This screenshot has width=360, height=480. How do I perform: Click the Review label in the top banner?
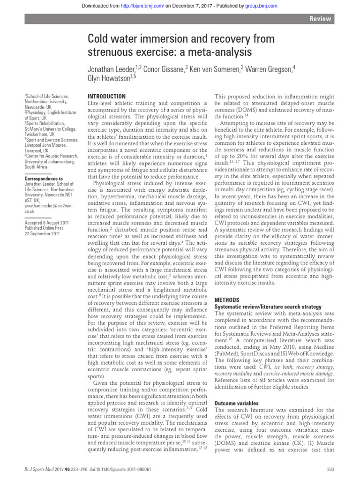point(321,19)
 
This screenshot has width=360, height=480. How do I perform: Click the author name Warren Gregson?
point(270,68)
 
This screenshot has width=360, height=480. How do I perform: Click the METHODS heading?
point(227,299)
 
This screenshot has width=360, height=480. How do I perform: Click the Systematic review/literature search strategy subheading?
point(268,306)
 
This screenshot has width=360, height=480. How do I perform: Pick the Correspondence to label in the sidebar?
point(43,179)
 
